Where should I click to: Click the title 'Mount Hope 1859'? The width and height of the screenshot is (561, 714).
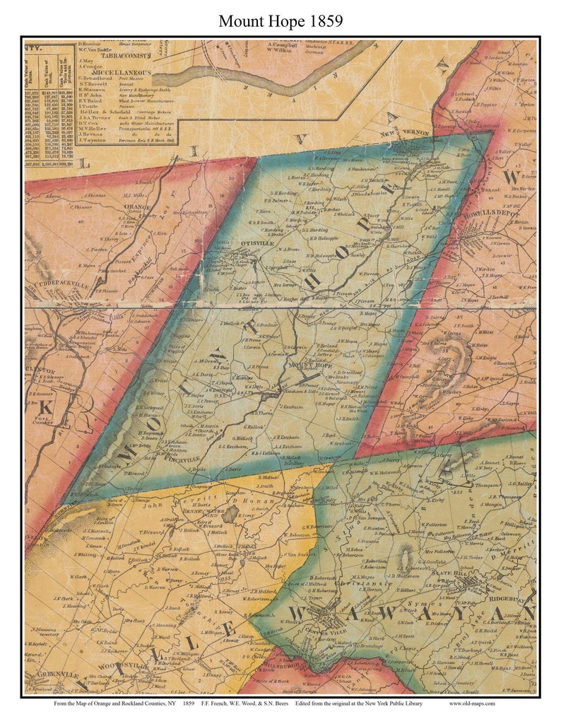[280, 21]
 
